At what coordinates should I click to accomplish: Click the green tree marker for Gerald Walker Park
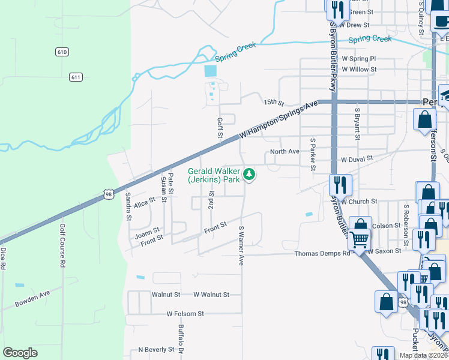(x=249, y=175)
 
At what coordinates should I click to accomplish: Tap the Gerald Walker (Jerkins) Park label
(x=214, y=175)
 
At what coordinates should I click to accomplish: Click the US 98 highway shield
(x=108, y=194)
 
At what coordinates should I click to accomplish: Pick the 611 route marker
(x=76, y=77)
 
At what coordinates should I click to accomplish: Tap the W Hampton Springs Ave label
(x=279, y=119)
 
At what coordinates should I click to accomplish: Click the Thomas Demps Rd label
(x=322, y=254)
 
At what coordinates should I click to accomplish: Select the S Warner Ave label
(x=242, y=245)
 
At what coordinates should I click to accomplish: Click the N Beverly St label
(x=155, y=349)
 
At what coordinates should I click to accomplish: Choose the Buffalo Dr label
(x=180, y=339)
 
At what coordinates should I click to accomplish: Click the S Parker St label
(x=313, y=154)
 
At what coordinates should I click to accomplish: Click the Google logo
(x=20, y=353)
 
